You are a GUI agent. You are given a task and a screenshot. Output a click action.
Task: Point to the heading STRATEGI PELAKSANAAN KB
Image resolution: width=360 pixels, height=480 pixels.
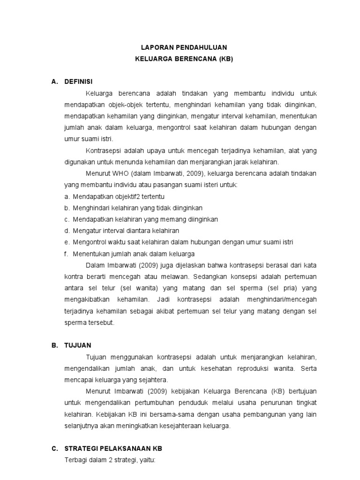(114, 448)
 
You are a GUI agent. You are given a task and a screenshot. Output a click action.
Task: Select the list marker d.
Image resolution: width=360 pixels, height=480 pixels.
(67, 231)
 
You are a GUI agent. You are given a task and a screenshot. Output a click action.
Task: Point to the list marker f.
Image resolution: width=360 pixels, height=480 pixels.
(67, 254)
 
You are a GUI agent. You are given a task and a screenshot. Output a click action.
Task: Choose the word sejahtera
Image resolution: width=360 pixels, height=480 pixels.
(153, 380)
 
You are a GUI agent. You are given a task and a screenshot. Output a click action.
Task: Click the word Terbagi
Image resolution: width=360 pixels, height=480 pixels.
(75, 460)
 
